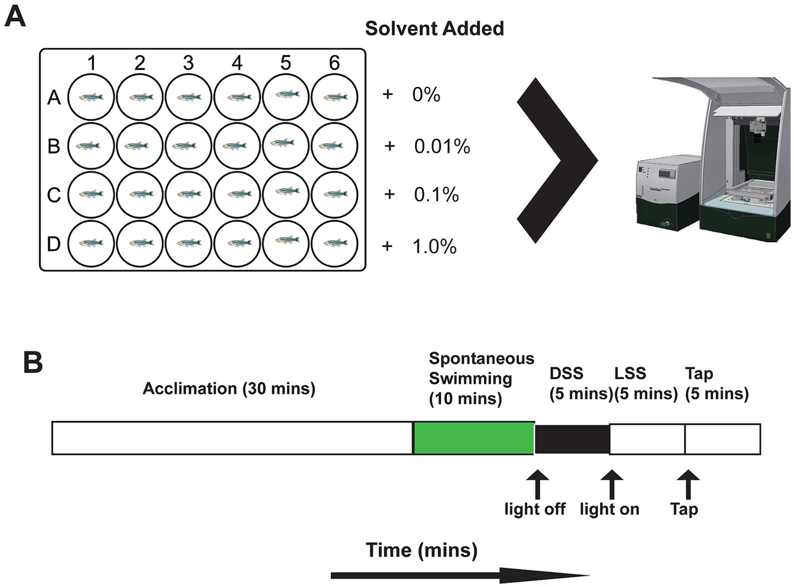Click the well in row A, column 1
[91, 97]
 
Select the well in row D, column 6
[334, 243]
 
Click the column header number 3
[188, 63]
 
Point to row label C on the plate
[54, 195]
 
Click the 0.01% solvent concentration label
[442, 147]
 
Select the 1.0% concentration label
[434, 246]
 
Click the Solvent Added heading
[434, 28]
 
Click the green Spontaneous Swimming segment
[473, 438]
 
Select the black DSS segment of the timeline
[572, 438]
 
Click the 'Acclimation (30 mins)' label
[229, 388]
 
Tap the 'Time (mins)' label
[421, 550]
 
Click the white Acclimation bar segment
[232, 438]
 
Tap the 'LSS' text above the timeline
[630, 373]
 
